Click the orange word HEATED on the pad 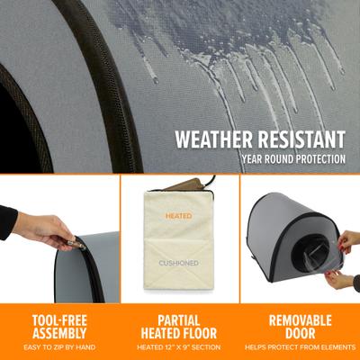point(179,216)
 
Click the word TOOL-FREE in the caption point(59,319)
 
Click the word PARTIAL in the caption point(179,319)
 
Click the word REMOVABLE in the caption point(300,319)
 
